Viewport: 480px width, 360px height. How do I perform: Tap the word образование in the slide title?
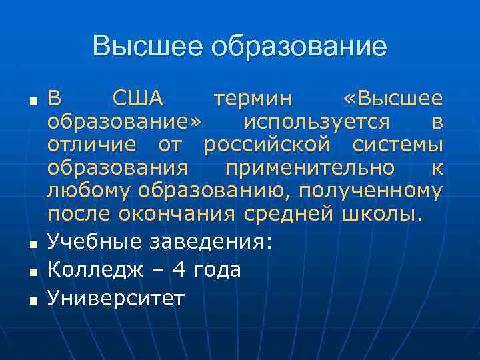(297, 47)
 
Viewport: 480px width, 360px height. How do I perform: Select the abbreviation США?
(137, 99)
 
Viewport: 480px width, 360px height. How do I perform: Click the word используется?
(317, 123)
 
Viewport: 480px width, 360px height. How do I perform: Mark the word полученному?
(370, 191)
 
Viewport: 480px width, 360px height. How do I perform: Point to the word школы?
(381, 214)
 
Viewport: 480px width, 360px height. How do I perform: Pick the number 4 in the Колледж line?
(178, 270)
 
